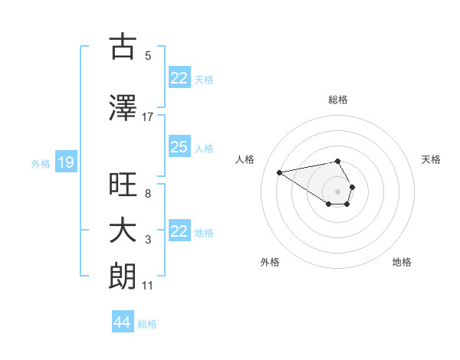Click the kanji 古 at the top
(123, 47)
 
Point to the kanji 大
(123, 231)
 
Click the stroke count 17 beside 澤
(148, 116)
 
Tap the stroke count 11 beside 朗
(148, 286)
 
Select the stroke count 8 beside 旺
(148, 194)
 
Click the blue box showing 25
(179, 147)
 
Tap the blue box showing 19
(65, 162)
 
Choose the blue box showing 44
(122, 323)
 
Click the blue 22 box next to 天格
(179, 78)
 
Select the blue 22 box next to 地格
(179, 231)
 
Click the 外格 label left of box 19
(41, 163)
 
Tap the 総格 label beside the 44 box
(147, 324)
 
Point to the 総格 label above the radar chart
(337, 100)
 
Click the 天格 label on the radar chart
(431, 159)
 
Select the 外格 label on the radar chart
(270, 262)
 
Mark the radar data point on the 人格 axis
(280, 172)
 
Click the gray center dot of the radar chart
(337, 191)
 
